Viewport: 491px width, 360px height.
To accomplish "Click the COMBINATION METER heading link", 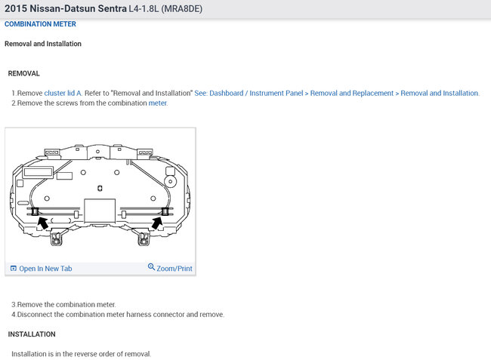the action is coord(40,24).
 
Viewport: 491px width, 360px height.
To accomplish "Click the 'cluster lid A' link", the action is coord(63,93).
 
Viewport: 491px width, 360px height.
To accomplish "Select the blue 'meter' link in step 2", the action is coord(158,103).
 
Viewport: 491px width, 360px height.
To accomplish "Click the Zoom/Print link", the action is coord(174,269).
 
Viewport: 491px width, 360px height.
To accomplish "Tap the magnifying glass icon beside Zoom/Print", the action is coord(151,267).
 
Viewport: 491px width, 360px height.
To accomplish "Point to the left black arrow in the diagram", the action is coord(43,223).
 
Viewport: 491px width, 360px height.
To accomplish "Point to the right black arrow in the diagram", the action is coord(157,223).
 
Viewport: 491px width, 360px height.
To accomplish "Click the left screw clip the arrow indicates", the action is coord(35,211).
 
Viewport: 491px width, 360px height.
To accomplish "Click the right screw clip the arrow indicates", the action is coord(165,211).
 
